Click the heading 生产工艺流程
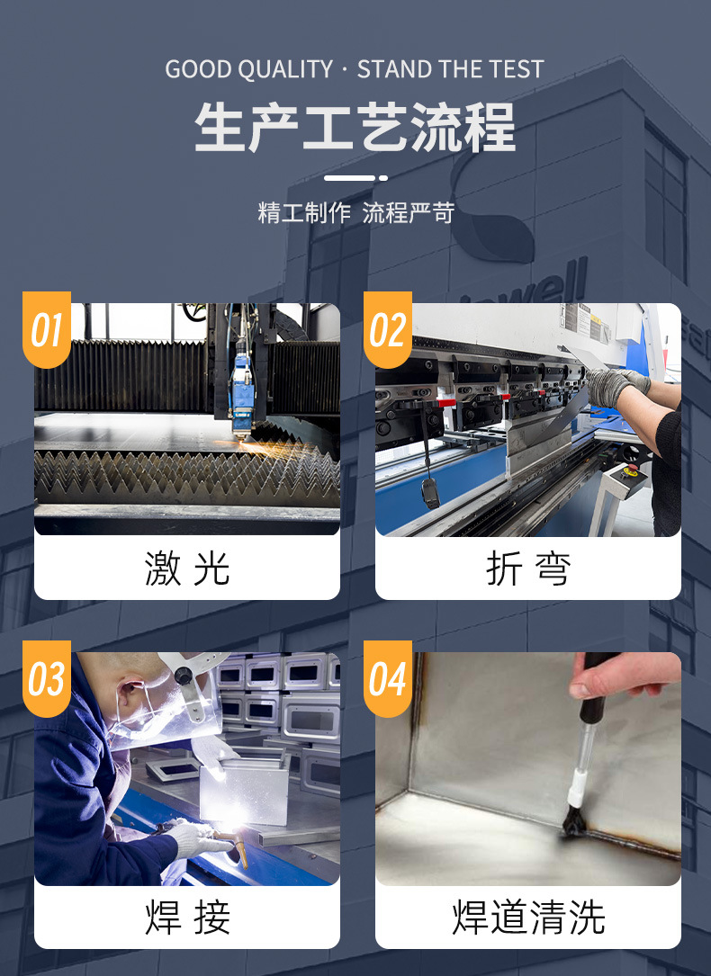tap(355, 128)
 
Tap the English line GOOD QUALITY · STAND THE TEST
tap(355, 69)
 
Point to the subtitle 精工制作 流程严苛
tap(355, 213)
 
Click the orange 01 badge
tap(47, 329)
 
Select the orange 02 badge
tap(388, 329)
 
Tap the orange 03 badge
tap(47, 678)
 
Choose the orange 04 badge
tap(388, 678)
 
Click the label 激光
tap(187, 569)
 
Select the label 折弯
tap(528, 569)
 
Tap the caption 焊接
tap(187, 917)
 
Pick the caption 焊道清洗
tap(528, 917)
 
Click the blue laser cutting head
tap(241, 389)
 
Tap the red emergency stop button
tap(632, 468)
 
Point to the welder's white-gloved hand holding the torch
tap(198, 837)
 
